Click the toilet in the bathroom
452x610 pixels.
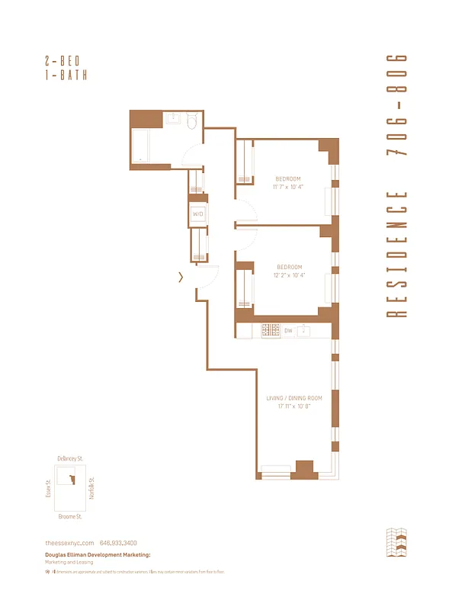tap(192, 120)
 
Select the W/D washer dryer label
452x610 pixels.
tap(197, 214)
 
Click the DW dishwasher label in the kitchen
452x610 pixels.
tap(289, 331)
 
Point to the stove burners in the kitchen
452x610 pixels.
tap(271, 331)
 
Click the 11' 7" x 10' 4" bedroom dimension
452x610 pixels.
tap(288, 186)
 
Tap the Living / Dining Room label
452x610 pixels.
tap(294, 399)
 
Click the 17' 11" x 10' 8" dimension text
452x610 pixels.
tap(294, 406)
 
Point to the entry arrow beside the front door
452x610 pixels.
tap(181, 278)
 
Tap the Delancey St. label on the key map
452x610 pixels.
tap(70, 458)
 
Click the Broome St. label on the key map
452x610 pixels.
tap(71, 516)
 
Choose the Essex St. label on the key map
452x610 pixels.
tap(47, 488)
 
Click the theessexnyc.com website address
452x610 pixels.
tap(69, 542)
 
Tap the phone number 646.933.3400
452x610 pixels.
tap(125, 542)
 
